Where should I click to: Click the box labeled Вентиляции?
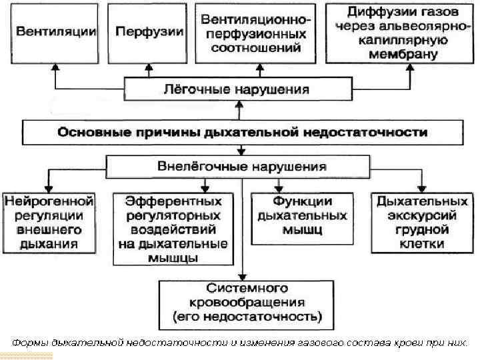pyautogui.click(x=55, y=31)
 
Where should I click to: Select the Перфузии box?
pyautogui.click(x=141, y=31)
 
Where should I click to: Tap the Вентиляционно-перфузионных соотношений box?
pyautogui.click(x=255, y=32)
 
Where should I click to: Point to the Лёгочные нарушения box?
pyautogui.click(x=236, y=89)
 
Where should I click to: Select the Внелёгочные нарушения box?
pyautogui.click(x=237, y=165)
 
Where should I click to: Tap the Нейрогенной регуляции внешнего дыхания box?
pyautogui.click(x=49, y=222)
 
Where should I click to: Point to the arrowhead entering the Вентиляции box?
pyautogui.click(x=55, y=67)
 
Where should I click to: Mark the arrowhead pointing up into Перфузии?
pyautogui.click(x=141, y=67)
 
